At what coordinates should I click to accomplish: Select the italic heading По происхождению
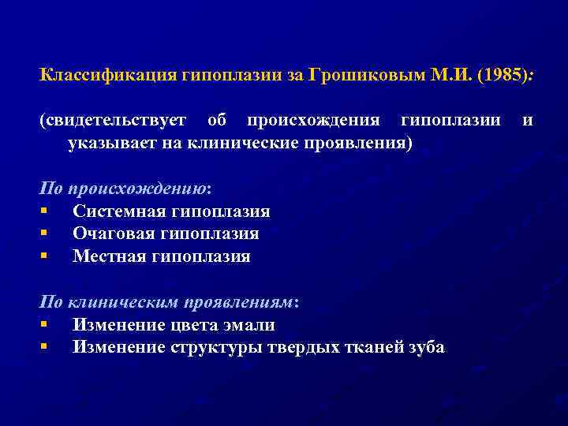[x=124, y=189]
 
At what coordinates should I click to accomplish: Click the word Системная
[x=119, y=211]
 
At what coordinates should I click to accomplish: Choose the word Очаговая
[x=114, y=234]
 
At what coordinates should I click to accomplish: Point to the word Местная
[x=109, y=256]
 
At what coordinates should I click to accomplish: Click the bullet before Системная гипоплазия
[x=46, y=211]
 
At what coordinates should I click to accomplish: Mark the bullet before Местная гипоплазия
[x=46, y=256]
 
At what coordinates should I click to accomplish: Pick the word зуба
[x=424, y=347]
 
